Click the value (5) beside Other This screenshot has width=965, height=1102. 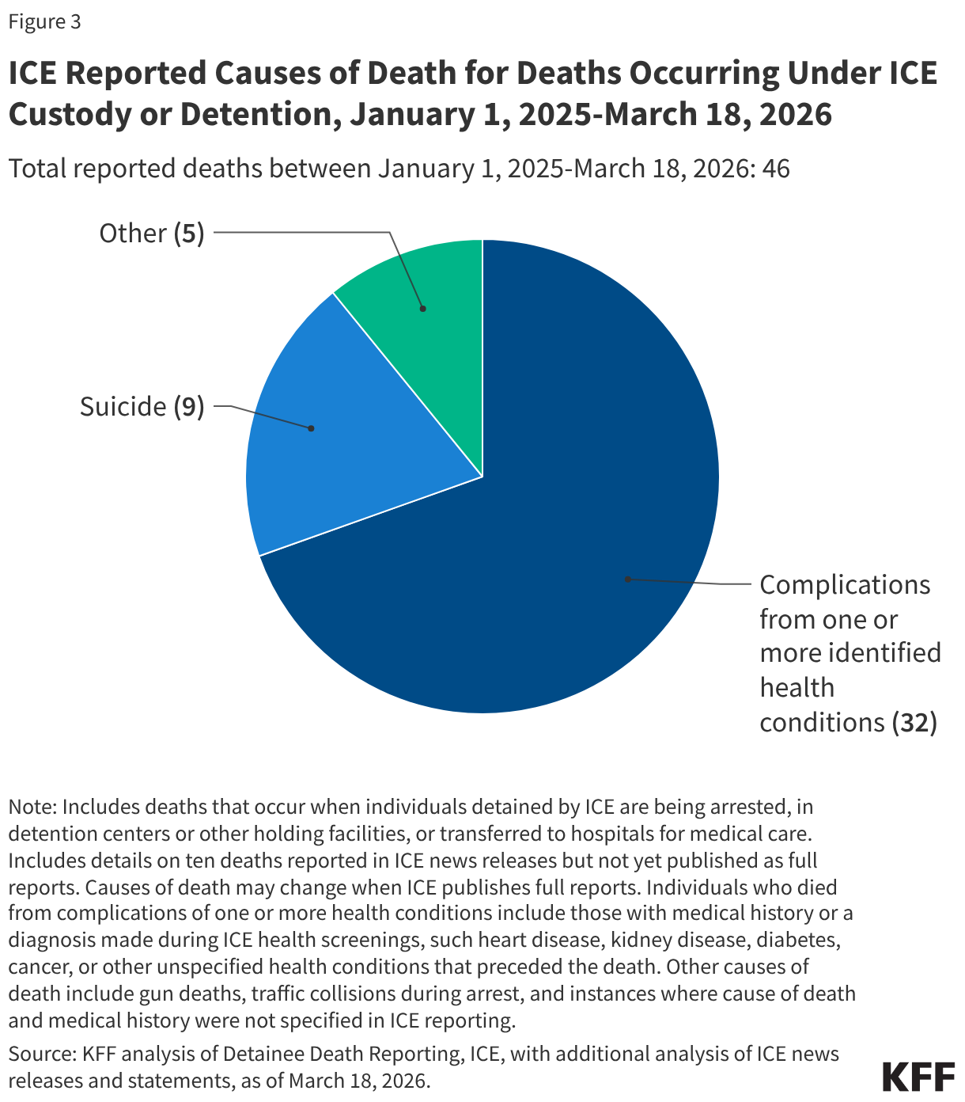pyautogui.click(x=189, y=234)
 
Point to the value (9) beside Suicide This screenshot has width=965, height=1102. pyautogui.click(x=189, y=407)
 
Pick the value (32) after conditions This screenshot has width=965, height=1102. pyautogui.click(x=914, y=722)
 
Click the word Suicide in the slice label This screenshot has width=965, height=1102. pyautogui.click(x=123, y=407)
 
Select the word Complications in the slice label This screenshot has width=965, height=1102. pyautogui.click(x=845, y=585)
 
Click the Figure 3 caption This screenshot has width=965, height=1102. pyautogui.click(x=44, y=21)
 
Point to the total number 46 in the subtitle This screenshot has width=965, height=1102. pyautogui.click(x=776, y=169)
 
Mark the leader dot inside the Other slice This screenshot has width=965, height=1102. pyautogui.click(x=422, y=309)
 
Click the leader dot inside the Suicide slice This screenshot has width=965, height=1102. pyautogui.click(x=311, y=428)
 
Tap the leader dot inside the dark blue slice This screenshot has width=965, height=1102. pyautogui.click(x=627, y=579)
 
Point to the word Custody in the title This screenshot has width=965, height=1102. pyautogui.click(x=76, y=114)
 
